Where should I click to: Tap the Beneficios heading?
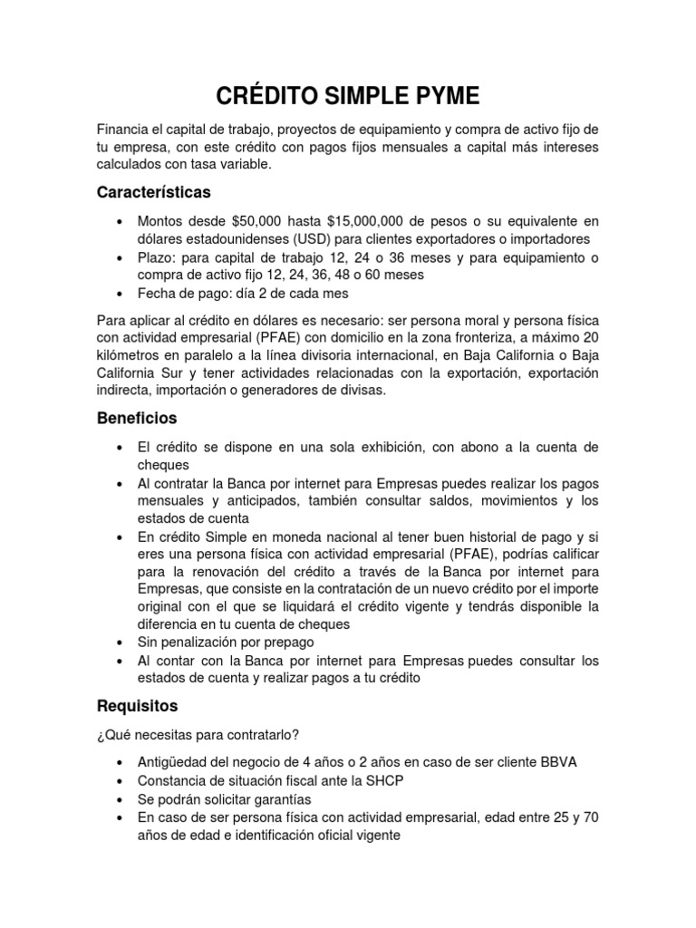136,419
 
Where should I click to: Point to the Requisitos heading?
138,705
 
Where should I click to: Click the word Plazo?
156,257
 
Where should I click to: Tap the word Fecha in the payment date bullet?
158,293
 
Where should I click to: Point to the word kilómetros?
130,354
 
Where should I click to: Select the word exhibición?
391,449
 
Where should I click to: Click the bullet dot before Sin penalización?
121,643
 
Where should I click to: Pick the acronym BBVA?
557,762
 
